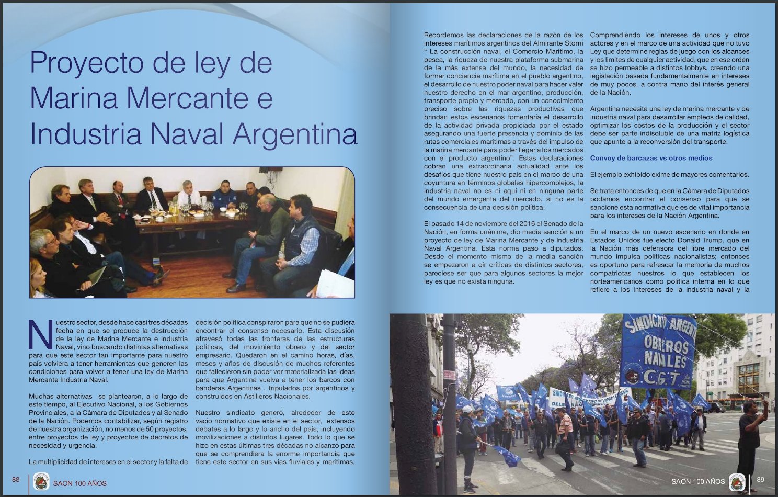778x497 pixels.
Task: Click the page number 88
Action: [x=16, y=480]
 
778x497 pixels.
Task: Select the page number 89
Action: [x=761, y=480]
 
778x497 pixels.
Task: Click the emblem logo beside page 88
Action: [x=41, y=481]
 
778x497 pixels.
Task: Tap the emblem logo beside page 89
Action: [x=737, y=482]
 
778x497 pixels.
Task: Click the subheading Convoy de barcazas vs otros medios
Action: [x=651, y=158]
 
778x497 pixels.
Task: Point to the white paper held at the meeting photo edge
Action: [x=335, y=283]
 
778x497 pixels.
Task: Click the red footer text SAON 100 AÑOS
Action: [x=79, y=483]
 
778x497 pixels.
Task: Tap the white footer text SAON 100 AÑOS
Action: [x=698, y=481]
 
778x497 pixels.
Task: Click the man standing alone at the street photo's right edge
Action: [x=749, y=439]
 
